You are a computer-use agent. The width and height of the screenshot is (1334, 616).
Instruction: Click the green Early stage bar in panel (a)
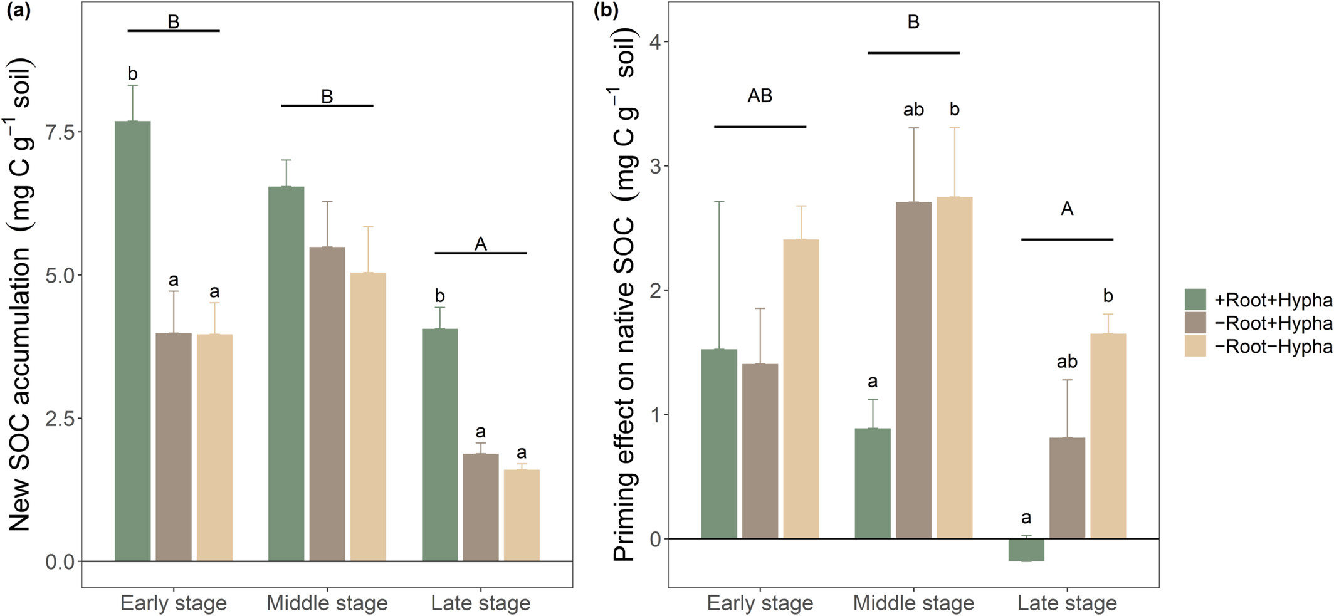click(133, 341)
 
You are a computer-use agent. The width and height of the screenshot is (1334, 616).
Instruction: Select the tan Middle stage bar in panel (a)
click(368, 417)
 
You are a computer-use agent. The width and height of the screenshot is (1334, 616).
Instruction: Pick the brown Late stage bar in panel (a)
click(481, 507)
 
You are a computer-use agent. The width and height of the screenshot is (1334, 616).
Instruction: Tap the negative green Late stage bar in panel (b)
click(1026, 550)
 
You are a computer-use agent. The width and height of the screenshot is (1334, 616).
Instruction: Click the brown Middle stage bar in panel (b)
click(913, 370)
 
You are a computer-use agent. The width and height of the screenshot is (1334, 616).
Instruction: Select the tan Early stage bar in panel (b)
click(801, 389)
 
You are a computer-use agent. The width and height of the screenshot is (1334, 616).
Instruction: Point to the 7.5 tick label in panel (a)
click(60, 132)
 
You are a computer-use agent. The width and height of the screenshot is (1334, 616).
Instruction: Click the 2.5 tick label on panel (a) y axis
click(60, 418)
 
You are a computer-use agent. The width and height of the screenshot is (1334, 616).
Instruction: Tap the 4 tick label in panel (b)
click(656, 42)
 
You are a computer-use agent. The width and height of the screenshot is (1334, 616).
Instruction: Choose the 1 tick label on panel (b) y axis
click(656, 415)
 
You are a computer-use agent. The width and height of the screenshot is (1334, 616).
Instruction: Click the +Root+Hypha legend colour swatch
click(1195, 300)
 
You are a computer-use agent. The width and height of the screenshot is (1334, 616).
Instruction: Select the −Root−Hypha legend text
click(1273, 347)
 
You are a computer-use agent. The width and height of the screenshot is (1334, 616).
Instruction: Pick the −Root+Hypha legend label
click(1273, 323)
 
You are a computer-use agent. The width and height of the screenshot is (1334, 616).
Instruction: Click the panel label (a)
click(18, 12)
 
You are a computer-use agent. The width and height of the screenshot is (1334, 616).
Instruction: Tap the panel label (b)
click(606, 12)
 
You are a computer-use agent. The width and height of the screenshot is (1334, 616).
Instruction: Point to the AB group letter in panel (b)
click(760, 96)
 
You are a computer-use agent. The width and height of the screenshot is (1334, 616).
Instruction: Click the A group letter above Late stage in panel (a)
click(481, 244)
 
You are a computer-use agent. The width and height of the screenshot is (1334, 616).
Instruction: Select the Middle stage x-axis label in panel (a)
click(327, 603)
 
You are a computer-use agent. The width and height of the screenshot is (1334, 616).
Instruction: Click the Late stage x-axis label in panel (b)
click(1067, 603)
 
